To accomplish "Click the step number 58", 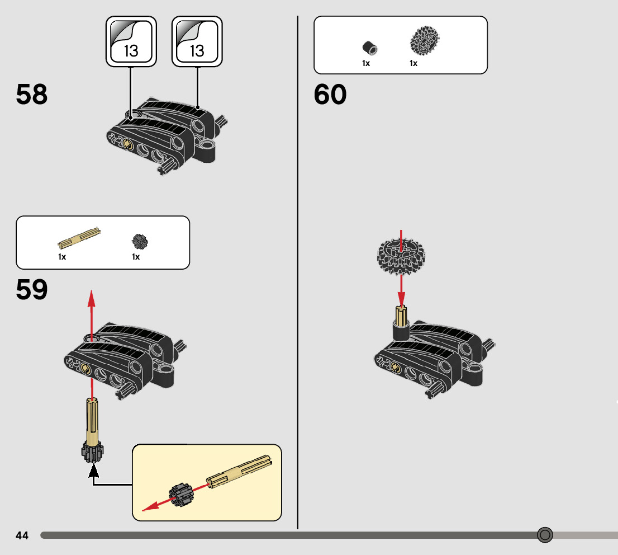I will pyautogui.click(x=32, y=95).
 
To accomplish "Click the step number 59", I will pyautogui.click(x=32, y=290).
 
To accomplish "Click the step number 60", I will pyautogui.click(x=330, y=95).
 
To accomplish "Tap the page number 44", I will pyautogui.click(x=22, y=535).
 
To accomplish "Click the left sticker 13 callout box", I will pyautogui.click(x=131, y=42).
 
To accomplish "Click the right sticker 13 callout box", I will pyautogui.click(x=197, y=42).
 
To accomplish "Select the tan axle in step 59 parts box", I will pyautogui.click(x=79, y=238).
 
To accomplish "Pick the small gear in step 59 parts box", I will pyautogui.click(x=140, y=241).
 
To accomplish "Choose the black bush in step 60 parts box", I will pyautogui.click(x=368, y=48).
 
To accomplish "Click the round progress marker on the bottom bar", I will pyautogui.click(x=545, y=535).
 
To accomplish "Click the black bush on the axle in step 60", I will pyautogui.click(x=401, y=331).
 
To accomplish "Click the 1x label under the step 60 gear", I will pyautogui.click(x=413, y=63).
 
